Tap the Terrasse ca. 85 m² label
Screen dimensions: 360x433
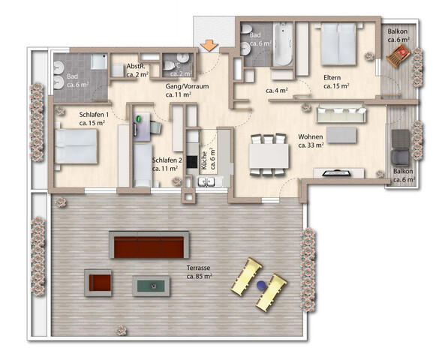[x=199, y=271]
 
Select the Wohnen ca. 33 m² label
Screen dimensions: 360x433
[x=310, y=141]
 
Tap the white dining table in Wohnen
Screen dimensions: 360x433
[x=269, y=156]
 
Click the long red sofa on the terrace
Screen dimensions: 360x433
[x=149, y=245]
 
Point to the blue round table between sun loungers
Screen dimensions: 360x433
[x=260, y=285]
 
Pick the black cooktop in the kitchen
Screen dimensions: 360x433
[x=193, y=160]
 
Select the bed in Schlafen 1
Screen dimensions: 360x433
[x=76, y=145]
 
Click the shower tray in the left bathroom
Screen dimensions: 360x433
[x=98, y=64]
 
